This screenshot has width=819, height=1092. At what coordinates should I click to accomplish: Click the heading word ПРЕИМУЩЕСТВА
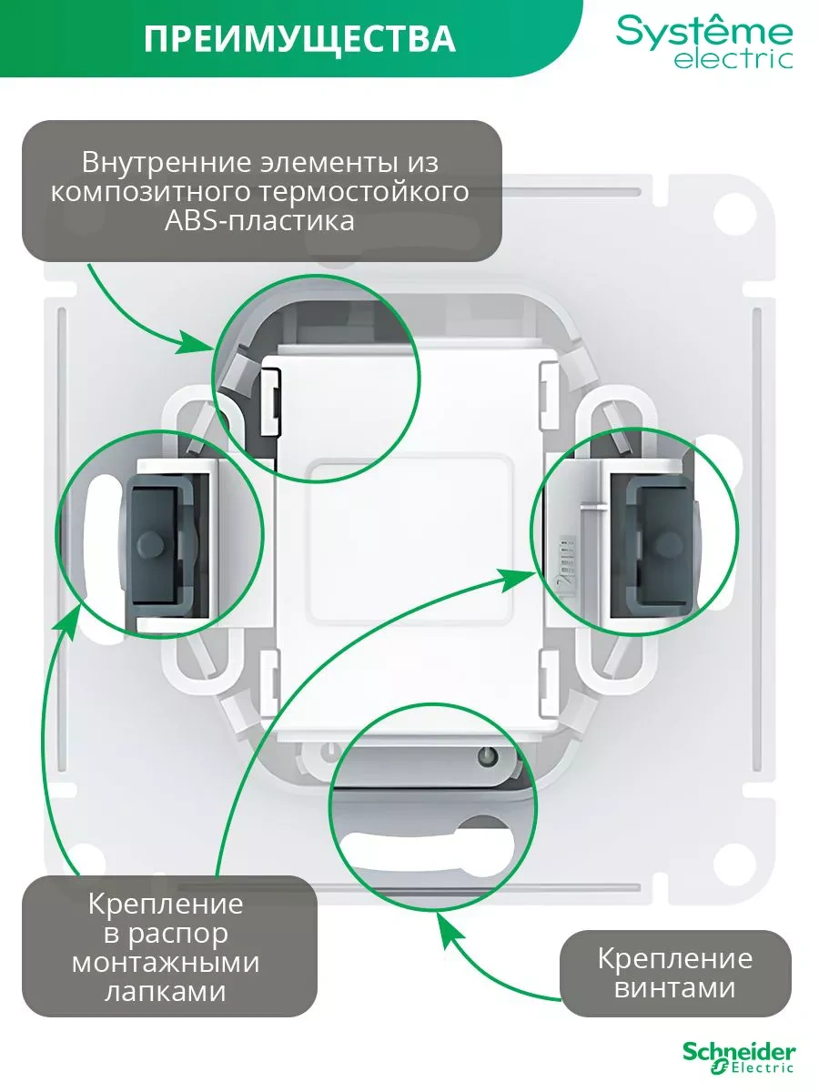(x=299, y=40)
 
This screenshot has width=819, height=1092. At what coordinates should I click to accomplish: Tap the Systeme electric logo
(x=704, y=41)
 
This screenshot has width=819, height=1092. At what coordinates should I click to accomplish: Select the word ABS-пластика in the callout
(x=259, y=221)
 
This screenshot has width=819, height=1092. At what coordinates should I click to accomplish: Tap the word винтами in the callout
(x=674, y=987)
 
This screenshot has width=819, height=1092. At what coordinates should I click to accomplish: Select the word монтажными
(x=166, y=962)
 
